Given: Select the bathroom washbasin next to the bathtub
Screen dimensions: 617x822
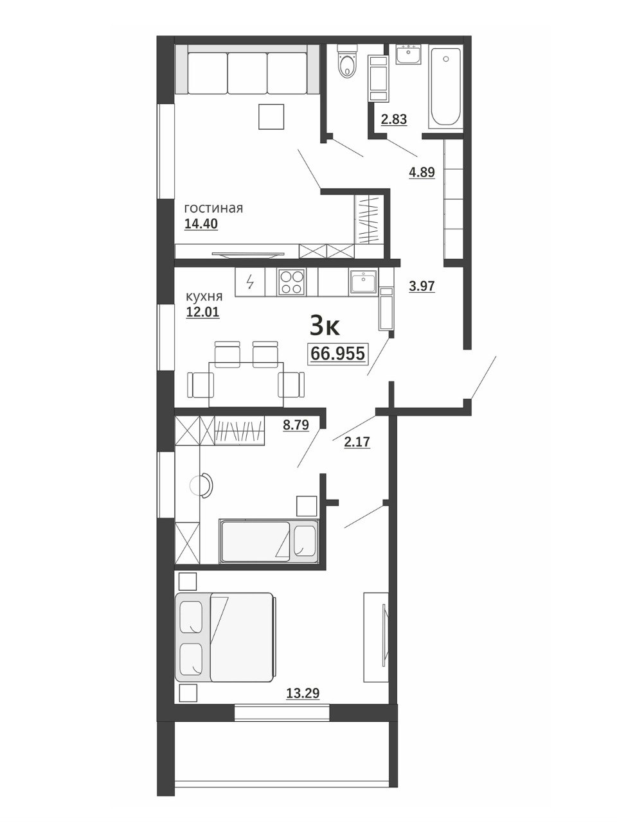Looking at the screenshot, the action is pyautogui.click(x=408, y=54).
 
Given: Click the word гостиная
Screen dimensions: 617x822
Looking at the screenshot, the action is pyautogui.click(x=213, y=208).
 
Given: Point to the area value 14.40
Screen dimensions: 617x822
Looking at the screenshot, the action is pyautogui.click(x=201, y=224).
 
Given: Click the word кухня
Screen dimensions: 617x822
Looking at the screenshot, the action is pyautogui.click(x=204, y=297).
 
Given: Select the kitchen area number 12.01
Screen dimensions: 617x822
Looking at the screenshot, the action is pyautogui.click(x=202, y=311).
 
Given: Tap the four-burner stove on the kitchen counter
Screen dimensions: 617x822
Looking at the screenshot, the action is pyautogui.click(x=291, y=282).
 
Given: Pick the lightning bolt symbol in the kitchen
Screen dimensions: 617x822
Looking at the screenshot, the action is pyautogui.click(x=250, y=282).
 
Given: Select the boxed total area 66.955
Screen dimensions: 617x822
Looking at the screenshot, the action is pyautogui.click(x=337, y=353).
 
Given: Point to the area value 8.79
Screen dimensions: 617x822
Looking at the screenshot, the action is pyautogui.click(x=296, y=425).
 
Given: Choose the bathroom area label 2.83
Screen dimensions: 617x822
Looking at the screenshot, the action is pyautogui.click(x=394, y=120).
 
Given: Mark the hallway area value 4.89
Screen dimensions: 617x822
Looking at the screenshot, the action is pyautogui.click(x=422, y=173).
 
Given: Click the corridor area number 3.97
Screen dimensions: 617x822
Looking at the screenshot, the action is pyautogui.click(x=422, y=286).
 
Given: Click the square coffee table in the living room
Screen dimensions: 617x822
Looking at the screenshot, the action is pyautogui.click(x=271, y=116).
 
